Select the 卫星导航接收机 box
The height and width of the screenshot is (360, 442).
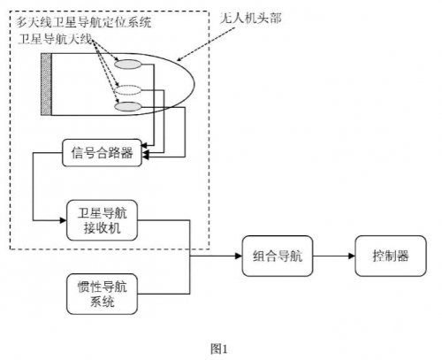(x=100, y=219)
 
